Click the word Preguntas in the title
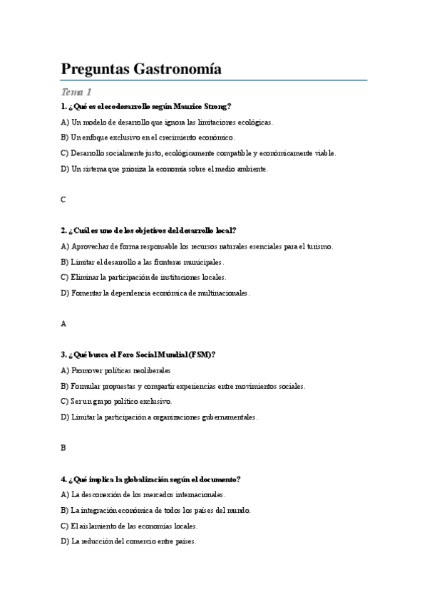pyautogui.click(x=90, y=69)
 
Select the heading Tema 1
pyautogui.click(x=76, y=92)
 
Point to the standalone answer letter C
pyautogui.click(x=63, y=199)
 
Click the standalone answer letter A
pyautogui.click(x=63, y=323)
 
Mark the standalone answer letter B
pyautogui.click(x=63, y=447)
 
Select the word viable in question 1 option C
pyautogui.click(x=324, y=153)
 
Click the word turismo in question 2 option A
pyautogui.click(x=319, y=246)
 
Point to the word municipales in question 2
pyautogui.click(x=202, y=262)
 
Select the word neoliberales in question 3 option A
pyautogui.click(x=151, y=370)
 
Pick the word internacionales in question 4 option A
pyautogui.click(x=200, y=494)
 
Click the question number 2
pyautogui.click(x=64, y=230)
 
